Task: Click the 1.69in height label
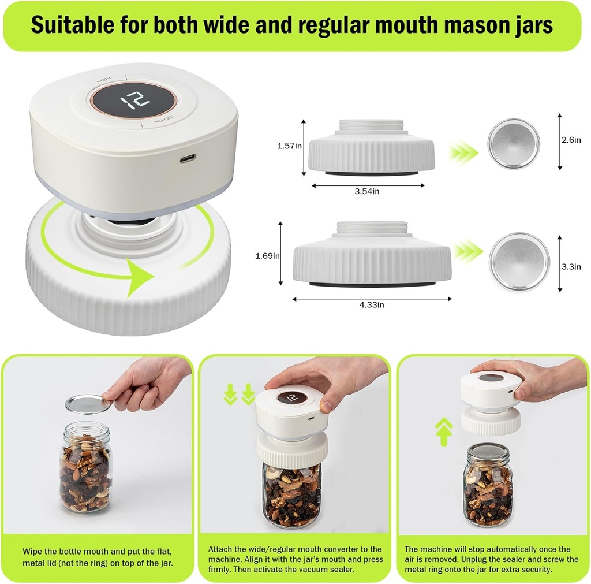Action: pos(268,255)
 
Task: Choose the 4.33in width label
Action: pos(371,304)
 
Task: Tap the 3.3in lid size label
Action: pos(571,266)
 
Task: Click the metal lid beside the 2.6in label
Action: pos(514,144)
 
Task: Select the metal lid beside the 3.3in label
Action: pos(519,262)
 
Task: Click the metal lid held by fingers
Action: pos(88,404)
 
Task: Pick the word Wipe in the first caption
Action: pos(32,551)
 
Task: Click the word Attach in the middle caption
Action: pos(220,549)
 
